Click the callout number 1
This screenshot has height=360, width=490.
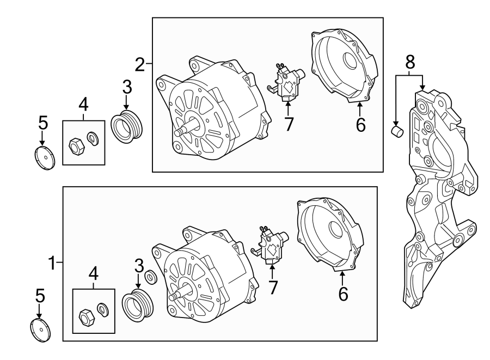pyautogui.click(x=51, y=264)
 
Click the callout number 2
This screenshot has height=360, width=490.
pyautogui.click(x=140, y=65)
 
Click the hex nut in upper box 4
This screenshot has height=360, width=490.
pyautogui.click(x=76, y=145)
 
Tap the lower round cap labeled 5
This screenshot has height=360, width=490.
pyautogui.click(x=40, y=331)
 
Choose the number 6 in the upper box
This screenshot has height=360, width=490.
pyautogui.click(x=360, y=125)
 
